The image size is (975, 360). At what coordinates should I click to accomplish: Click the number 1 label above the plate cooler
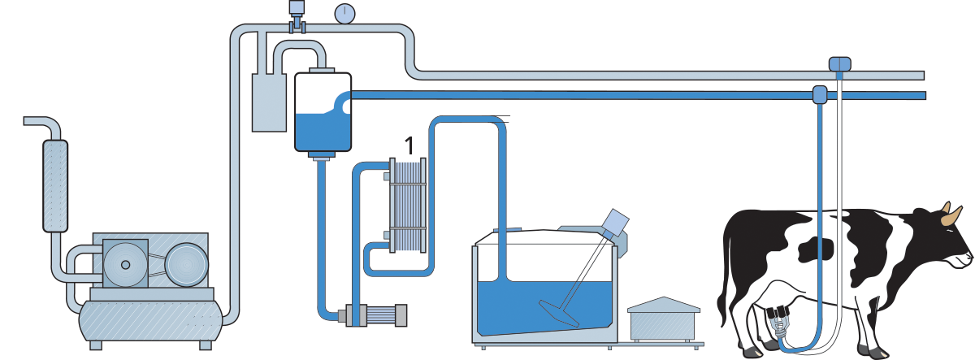coord(409,145)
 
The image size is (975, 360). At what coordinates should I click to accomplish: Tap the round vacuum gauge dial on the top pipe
coord(345,13)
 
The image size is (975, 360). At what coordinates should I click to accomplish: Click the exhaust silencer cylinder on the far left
coord(54,185)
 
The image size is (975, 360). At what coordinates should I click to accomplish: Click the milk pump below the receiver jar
coord(375,314)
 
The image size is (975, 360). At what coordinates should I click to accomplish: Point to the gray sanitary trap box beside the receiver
coord(269,102)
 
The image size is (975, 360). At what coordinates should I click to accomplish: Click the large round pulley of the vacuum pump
coord(187,265)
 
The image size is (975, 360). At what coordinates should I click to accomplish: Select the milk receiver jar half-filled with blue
coord(322,111)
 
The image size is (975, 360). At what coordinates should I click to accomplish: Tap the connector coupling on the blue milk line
coord(820,94)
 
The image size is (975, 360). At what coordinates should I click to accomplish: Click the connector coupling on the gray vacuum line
coord(839,63)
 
